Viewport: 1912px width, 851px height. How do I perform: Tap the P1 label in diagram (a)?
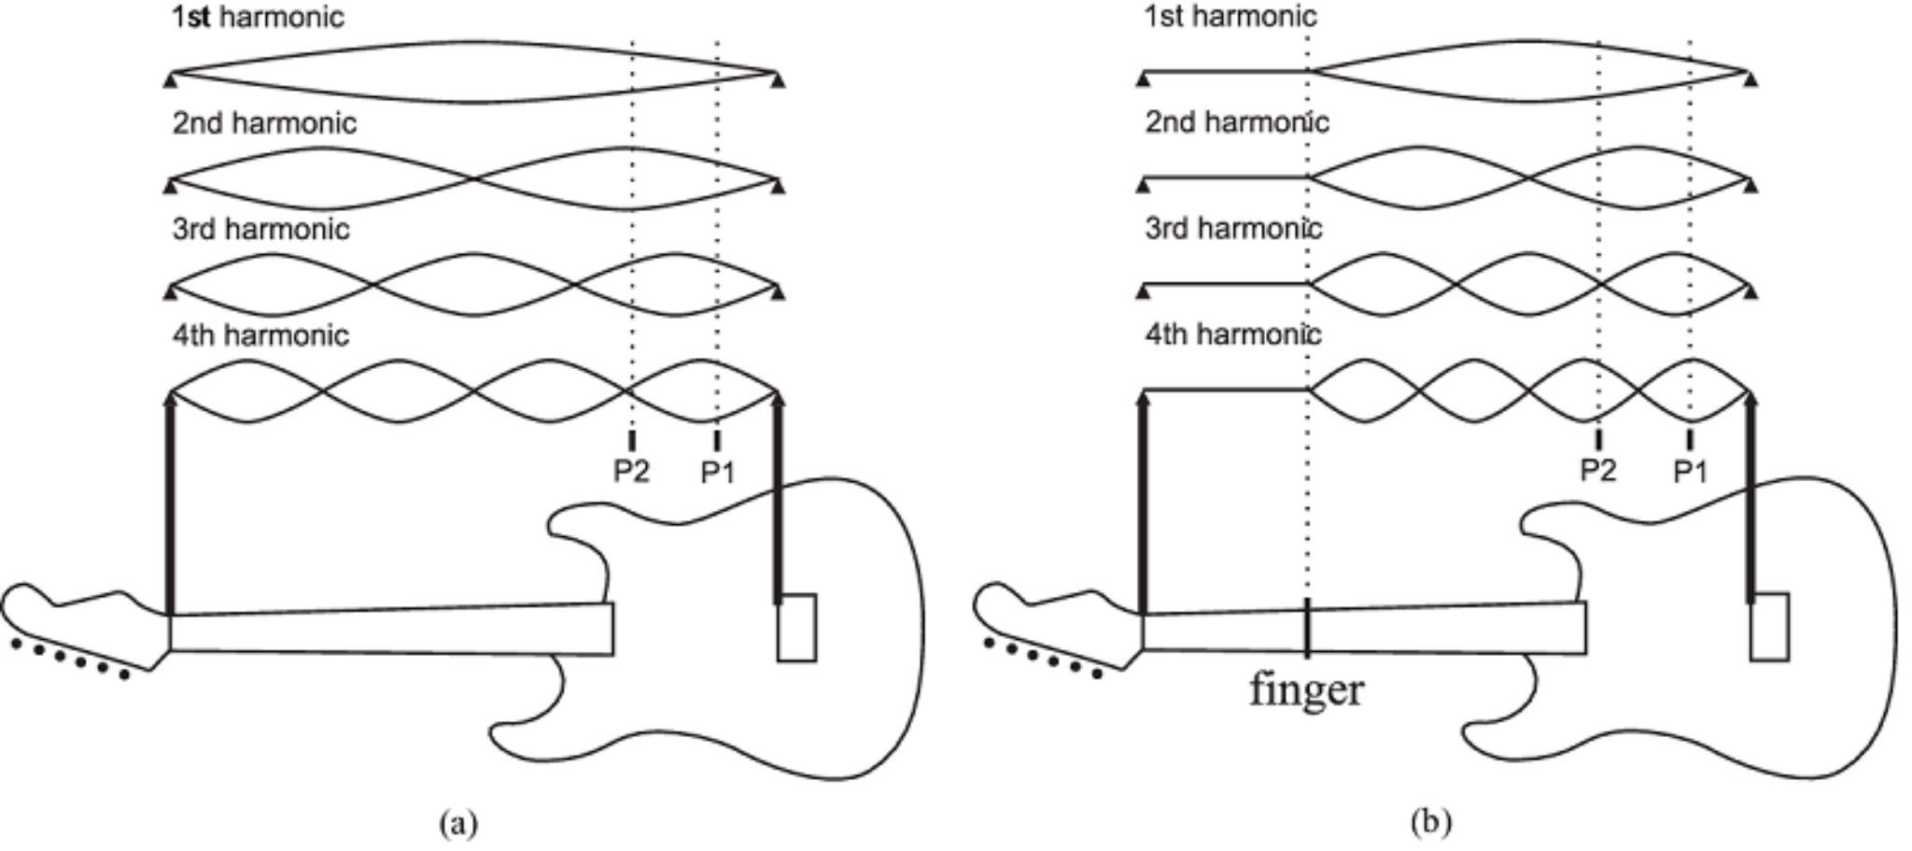coord(717,473)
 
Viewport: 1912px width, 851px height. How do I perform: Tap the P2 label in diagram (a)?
coord(631,472)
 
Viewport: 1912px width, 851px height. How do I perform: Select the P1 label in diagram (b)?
coord(1690,472)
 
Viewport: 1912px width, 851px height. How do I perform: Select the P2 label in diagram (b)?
coord(1597,470)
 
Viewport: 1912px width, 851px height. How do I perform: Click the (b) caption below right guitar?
coord(1431,821)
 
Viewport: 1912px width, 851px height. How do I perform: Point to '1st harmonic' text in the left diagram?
coord(258,17)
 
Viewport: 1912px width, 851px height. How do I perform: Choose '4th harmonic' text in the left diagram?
coord(260,335)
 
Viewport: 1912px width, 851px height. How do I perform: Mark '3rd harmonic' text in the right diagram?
coord(1233,229)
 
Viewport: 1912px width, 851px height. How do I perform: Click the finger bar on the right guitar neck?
coord(1307,626)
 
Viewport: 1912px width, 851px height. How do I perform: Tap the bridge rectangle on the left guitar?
coord(796,628)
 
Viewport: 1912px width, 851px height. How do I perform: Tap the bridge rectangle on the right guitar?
coord(1769,627)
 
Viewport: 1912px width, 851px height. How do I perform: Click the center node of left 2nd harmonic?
coord(475,178)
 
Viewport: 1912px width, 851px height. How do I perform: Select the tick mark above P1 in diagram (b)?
coord(1690,439)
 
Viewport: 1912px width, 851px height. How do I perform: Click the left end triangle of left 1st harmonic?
coord(170,82)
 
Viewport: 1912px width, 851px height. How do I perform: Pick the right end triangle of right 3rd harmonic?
coord(1750,293)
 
